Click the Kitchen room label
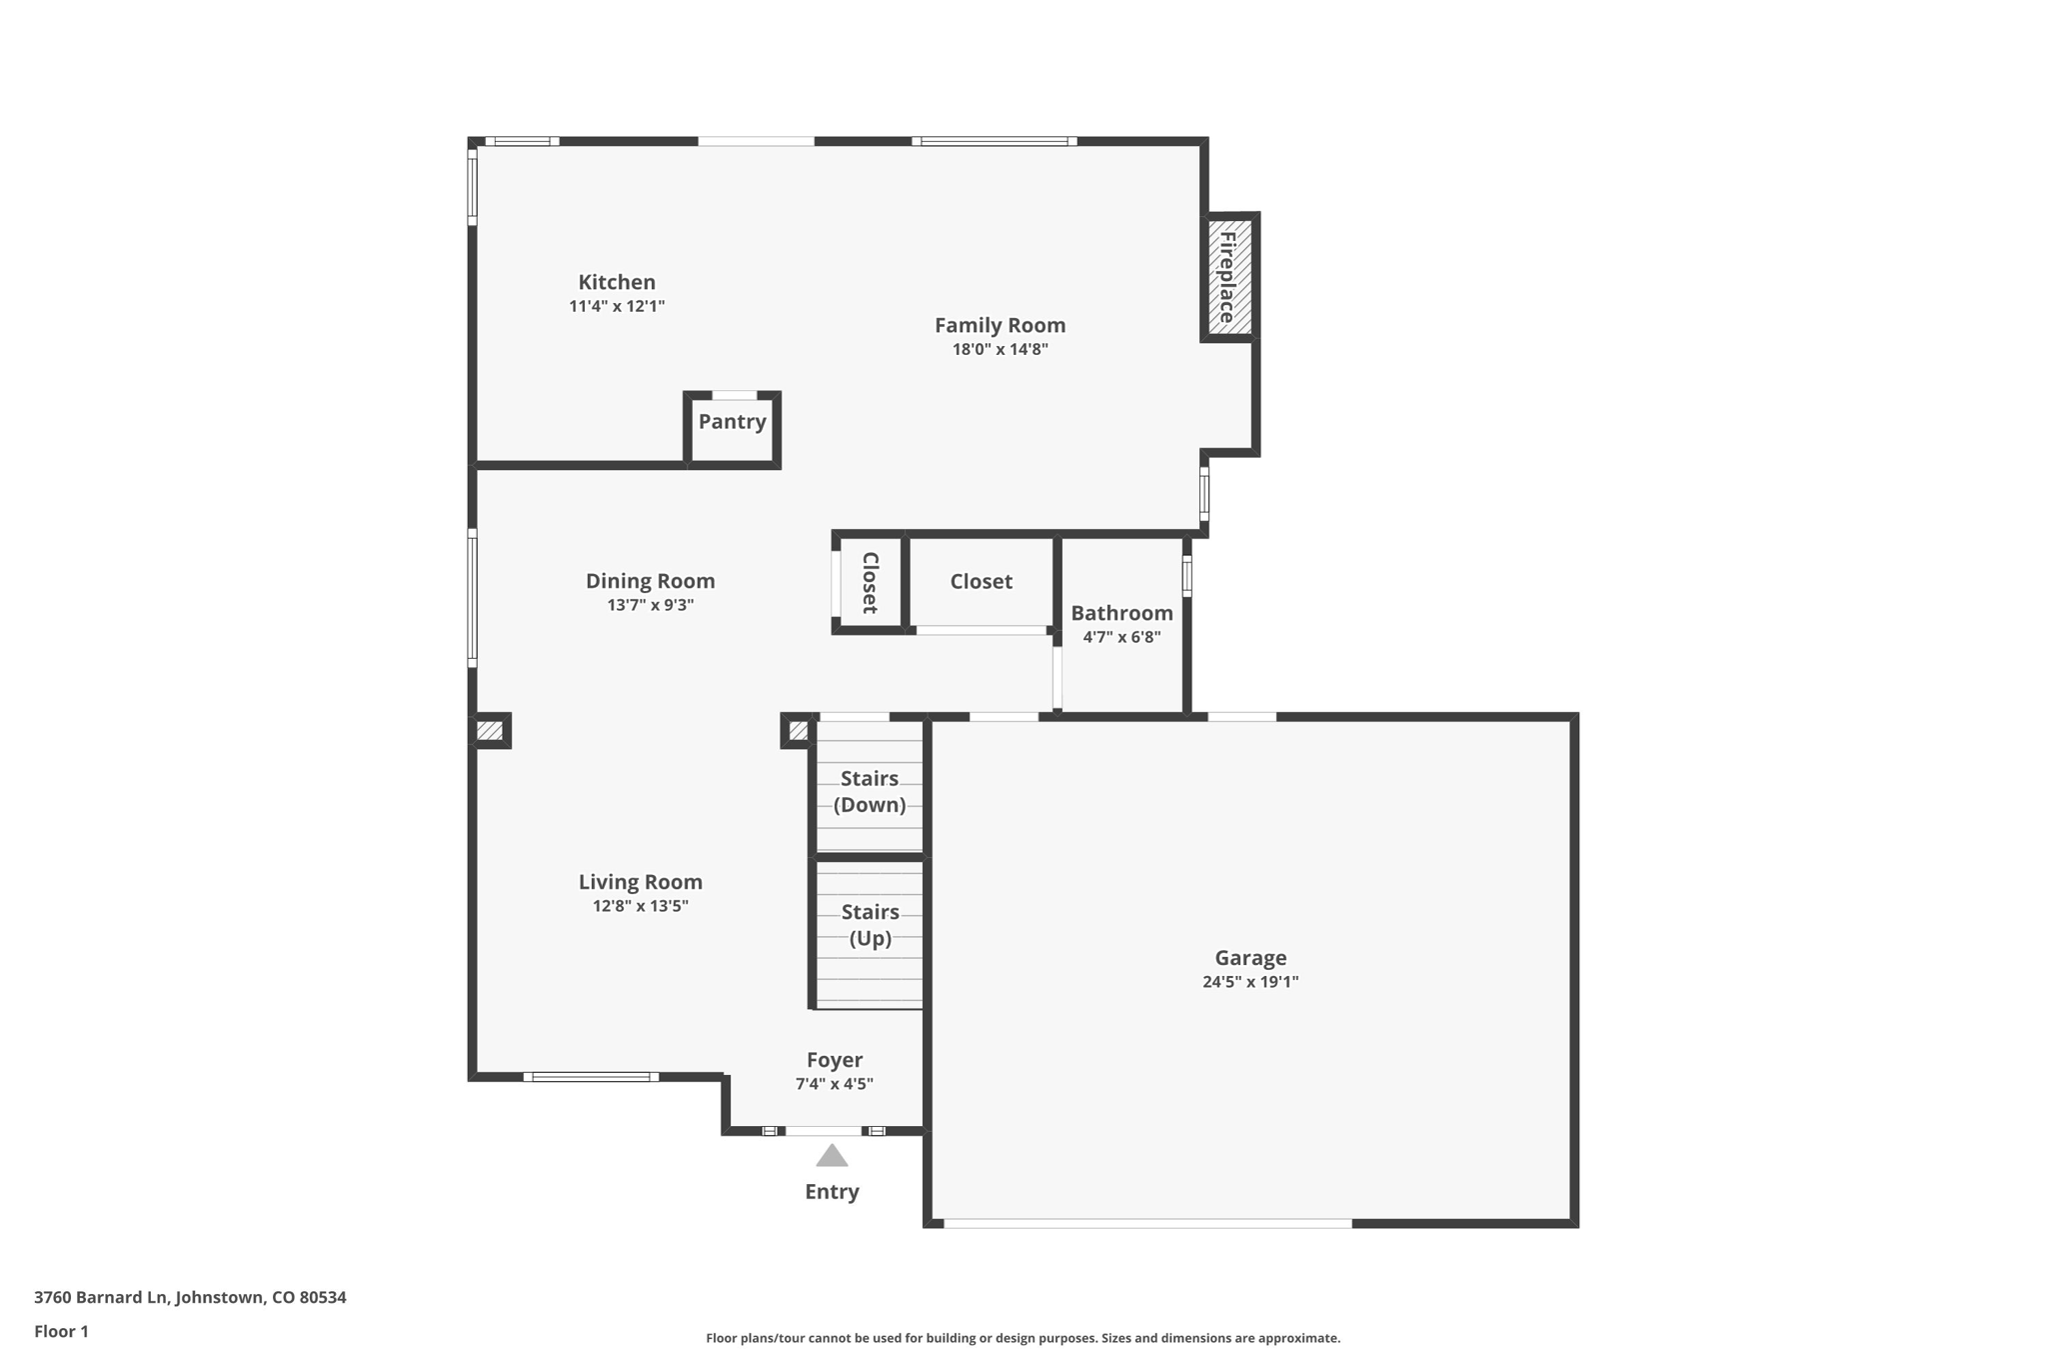(617, 282)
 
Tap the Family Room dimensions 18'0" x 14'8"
(1000, 349)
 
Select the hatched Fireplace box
(1228, 277)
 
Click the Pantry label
(732, 421)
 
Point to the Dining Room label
(650, 581)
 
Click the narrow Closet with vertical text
(870, 583)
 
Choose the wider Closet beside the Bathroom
(981, 581)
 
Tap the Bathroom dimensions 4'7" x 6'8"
(1121, 637)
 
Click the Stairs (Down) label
(870, 791)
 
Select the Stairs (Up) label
(870, 925)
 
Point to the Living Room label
(640, 882)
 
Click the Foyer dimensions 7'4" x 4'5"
(834, 1084)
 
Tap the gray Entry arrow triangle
(832, 1157)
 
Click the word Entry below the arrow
(832, 1191)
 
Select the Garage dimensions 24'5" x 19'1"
(1249, 982)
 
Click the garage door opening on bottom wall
(1147, 1223)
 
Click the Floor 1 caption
(61, 1331)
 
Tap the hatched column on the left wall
(490, 731)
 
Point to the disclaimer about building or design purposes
(1023, 1338)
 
